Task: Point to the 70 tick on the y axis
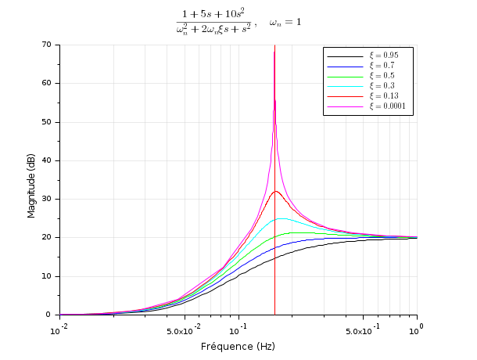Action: [x=48, y=45]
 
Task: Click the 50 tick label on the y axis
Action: [x=48, y=122]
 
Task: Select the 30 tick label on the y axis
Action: [x=48, y=199]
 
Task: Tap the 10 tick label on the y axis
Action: [x=48, y=276]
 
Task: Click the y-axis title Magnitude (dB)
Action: [x=32, y=180]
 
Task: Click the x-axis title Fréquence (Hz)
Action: [x=238, y=346]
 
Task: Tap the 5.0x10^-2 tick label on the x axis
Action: [x=186, y=331]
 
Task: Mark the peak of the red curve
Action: [x=275, y=191]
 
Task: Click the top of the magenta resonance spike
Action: [x=274, y=52]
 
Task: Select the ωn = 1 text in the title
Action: [x=285, y=23]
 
